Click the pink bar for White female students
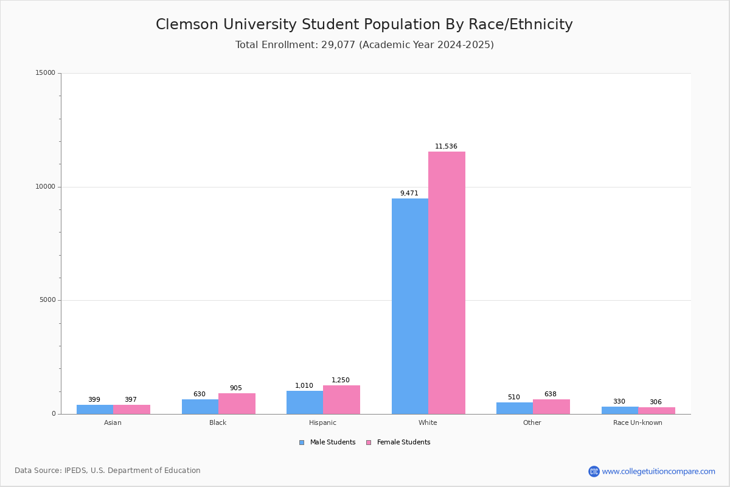(x=447, y=282)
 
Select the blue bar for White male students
(x=409, y=306)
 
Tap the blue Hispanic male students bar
(x=305, y=402)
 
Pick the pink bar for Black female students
(x=237, y=404)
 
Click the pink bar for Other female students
(x=551, y=407)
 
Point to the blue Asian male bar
(x=95, y=409)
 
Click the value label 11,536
(x=446, y=147)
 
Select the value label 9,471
(x=409, y=194)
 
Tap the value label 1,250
(x=341, y=380)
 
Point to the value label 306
(x=656, y=402)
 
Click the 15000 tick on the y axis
(x=45, y=73)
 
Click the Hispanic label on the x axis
(x=322, y=422)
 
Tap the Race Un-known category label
(x=638, y=422)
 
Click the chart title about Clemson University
(x=364, y=24)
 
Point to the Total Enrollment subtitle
(x=364, y=45)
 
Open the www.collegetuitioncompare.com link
(x=658, y=471)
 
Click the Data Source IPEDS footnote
(x=108, y=471)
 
